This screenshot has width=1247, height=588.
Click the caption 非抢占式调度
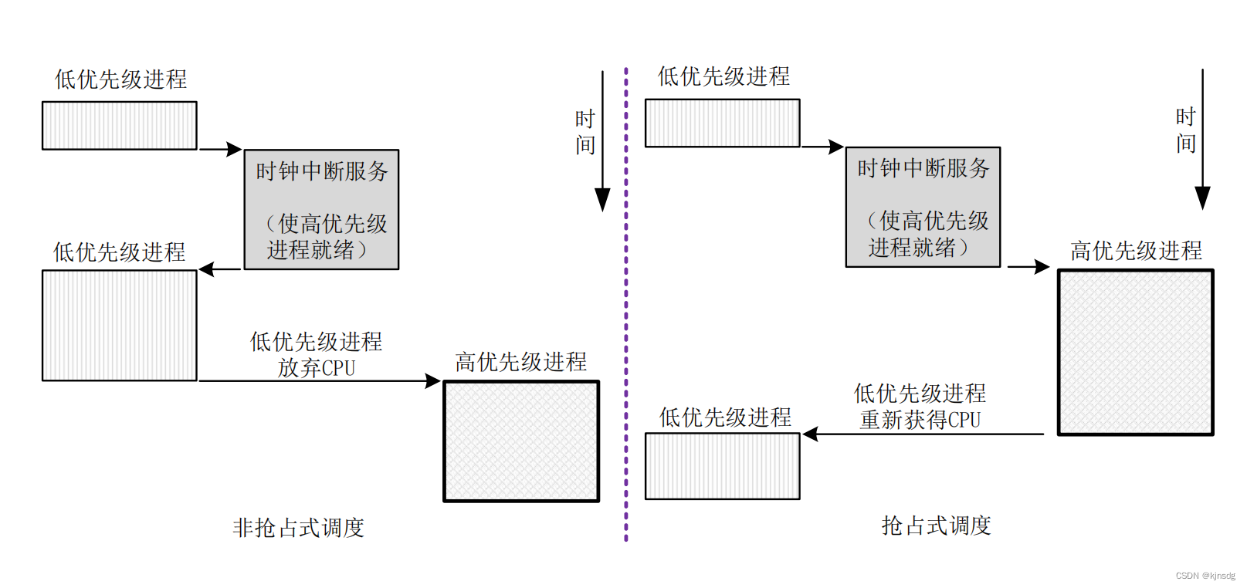coord(298,528)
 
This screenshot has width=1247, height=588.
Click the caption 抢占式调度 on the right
coord(936,525)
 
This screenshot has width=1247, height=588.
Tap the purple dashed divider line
coord(626,309)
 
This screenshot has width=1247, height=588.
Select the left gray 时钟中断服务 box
coord(321,209)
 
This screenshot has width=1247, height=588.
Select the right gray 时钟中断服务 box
coord(923,207)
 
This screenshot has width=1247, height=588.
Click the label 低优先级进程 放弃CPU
coord(316,354)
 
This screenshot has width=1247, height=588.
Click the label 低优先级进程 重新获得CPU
coord(920,407)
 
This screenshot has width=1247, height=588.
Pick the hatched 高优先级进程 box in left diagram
coord(521,441)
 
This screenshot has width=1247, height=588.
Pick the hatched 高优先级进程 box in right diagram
coord(1135,352)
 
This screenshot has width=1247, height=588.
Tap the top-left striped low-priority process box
coord(120,125)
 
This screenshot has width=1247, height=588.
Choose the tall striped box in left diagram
coord(120,325)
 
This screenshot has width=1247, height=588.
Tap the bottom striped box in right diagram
coord(722,466)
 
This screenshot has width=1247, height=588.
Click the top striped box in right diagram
coord(722,123)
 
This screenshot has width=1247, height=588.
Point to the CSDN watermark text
coord(1205,576)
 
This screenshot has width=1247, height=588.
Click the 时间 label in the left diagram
coord(585,132)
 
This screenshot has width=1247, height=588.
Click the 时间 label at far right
coord(1186,130)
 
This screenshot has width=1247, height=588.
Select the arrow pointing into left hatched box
coord(432,380)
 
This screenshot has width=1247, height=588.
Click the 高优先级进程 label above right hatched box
coord(1136,251)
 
